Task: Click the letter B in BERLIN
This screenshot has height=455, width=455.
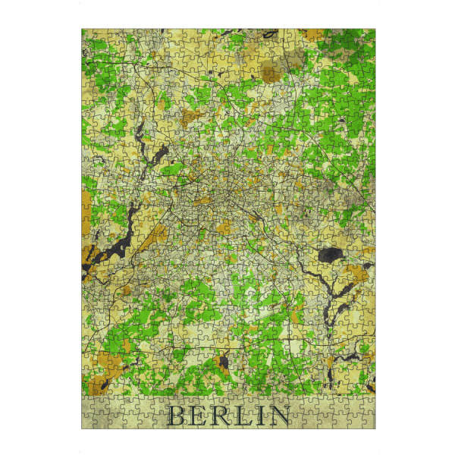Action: (x=176, y=416)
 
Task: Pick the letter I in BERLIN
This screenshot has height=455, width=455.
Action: (x=260, y=416)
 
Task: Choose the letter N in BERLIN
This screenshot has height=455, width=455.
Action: (x=279, y=416)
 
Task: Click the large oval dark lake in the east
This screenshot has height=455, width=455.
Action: (x=330, y=255)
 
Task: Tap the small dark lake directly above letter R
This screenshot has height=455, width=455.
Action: (x=224, y=362)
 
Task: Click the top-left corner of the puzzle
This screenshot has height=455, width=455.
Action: (x=82, y=30)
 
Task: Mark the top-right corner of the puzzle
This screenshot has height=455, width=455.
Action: (x=375, y=30)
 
